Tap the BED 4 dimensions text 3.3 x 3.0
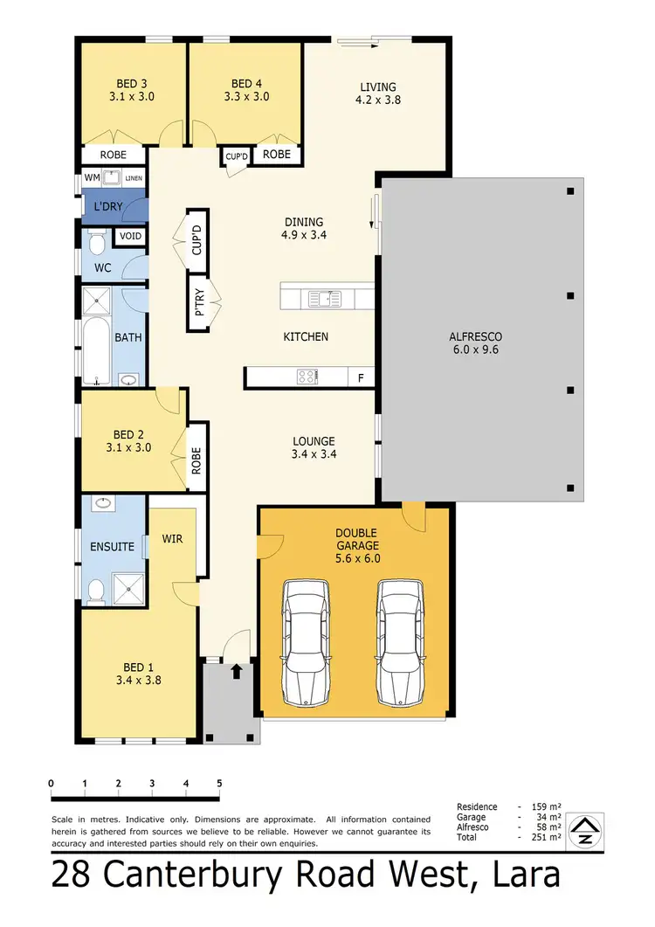click(x=247, y=97)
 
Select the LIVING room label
click(x=378, y=86)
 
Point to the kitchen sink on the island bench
click(x=324, y=299)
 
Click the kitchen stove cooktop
click(x=307, y=377)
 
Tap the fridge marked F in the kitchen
click(x=361, y=378)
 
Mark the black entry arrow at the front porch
click(x=235, y=671)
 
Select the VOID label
click(x=130, y=237)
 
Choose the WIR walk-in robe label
click(x=173, y=539)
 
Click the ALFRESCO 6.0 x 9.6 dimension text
click(x=475, y=349)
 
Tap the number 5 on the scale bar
click(x=219, y=783)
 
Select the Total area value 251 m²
click(x=548, y=837)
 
